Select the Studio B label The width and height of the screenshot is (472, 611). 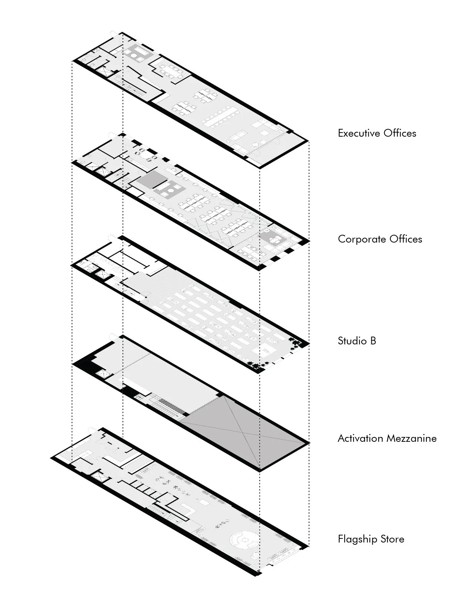(x=357, y=341)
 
